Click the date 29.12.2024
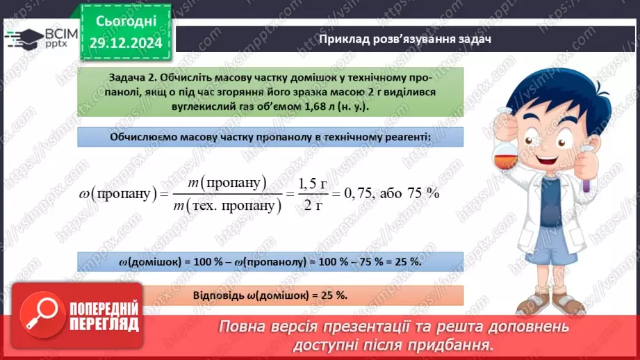pos(126,43)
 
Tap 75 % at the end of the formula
pos(422,194)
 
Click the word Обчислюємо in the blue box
pos(142,137)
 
